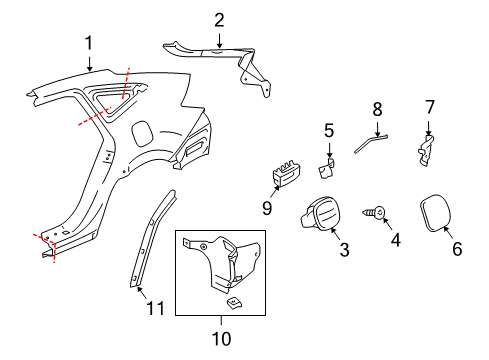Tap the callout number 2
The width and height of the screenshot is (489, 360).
click(219, 18)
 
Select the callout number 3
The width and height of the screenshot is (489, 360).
click(343, 249)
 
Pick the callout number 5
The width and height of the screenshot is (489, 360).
click(328, 129)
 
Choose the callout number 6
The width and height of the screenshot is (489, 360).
click(457, 250)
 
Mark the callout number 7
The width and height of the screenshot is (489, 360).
click(430, 106)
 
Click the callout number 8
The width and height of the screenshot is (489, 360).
click(377, 107)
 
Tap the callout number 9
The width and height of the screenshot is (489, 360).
click(268, 208)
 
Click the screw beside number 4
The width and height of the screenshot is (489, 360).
click(381, 212)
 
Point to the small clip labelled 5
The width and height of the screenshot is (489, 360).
click(326, 156)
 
